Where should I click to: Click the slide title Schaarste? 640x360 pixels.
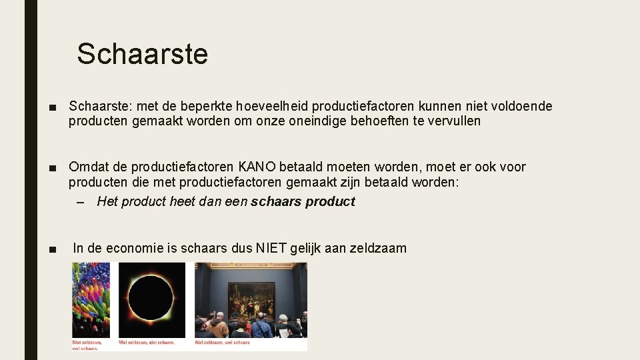point(142,54)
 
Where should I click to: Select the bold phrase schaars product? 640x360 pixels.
point(303,201)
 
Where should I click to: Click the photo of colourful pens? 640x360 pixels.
point(91,300)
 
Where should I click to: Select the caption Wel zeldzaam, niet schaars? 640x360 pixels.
point(147,343)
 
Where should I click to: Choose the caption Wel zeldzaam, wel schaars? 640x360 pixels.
point(222,343)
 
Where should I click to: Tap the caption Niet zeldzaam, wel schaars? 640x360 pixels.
point(85,345)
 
